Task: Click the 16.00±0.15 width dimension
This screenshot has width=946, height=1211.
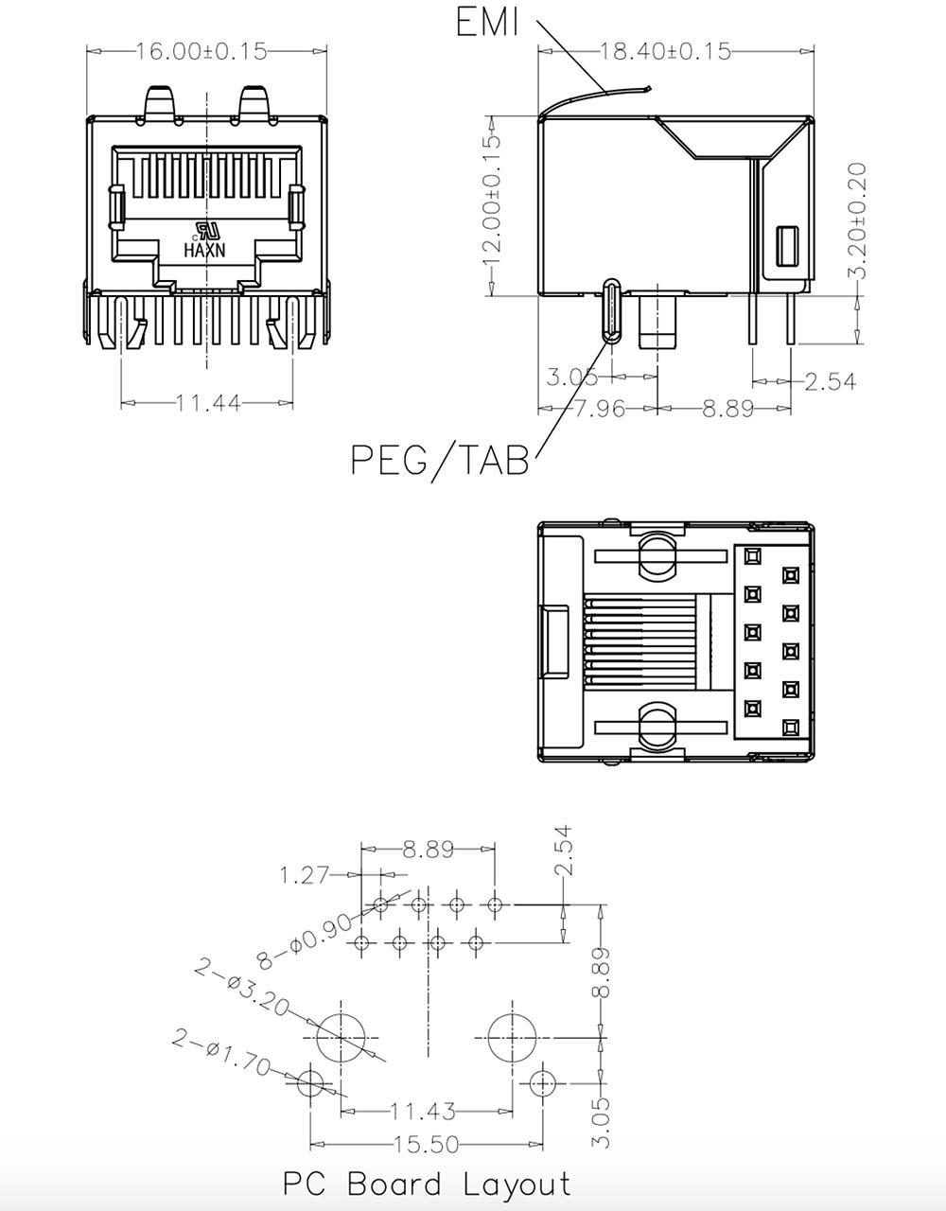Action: [201, 52]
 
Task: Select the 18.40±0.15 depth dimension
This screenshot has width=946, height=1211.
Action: [665, 52]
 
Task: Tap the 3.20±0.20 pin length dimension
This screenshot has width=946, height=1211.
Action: [857, 220]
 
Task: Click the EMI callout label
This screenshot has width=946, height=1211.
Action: [487, 23]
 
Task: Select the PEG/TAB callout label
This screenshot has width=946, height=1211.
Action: [440, 460]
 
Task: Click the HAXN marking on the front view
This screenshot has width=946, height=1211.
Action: [205, 250]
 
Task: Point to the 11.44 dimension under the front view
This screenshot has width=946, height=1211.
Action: [208, 402]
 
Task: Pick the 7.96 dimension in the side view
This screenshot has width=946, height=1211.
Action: [600, 409]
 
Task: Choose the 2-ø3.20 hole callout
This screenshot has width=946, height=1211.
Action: [242, 990]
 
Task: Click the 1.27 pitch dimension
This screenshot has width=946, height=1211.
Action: [305, 874]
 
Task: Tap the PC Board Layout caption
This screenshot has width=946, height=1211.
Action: [427, 1185]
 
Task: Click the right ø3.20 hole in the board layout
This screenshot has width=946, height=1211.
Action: [512, 1038]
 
